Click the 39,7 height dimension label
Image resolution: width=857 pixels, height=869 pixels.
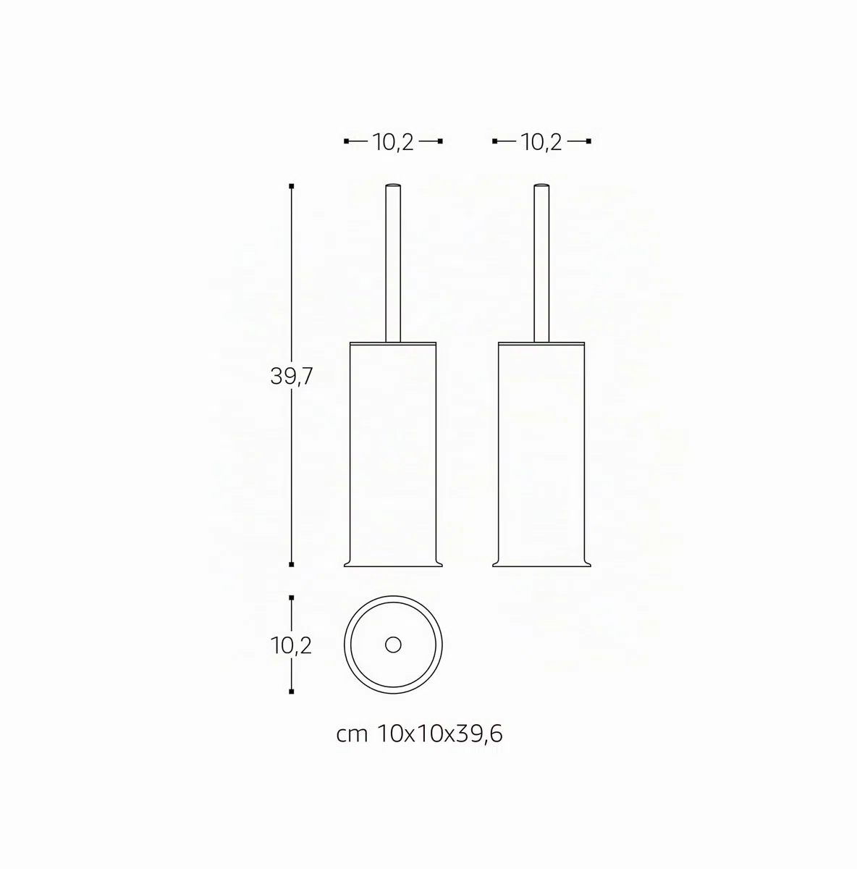click(291, 376)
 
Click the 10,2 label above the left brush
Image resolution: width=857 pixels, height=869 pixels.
click(393, 143)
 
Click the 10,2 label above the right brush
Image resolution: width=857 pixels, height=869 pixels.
click(541, 143)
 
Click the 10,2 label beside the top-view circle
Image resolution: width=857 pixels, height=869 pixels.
click(291, 646)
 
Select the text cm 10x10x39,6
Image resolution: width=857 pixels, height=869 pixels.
click(419, 734)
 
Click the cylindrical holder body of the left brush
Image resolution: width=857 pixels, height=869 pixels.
click(393, 451)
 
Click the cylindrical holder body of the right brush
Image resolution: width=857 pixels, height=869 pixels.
click(541, 451)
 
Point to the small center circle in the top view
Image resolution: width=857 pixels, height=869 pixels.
click(393, 645)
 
